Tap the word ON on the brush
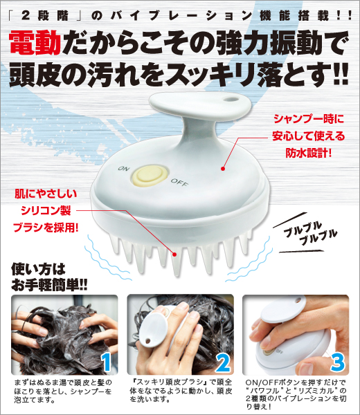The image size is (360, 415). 124,168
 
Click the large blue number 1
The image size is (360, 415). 106,361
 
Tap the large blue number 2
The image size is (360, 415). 223,361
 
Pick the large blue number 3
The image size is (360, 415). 336,361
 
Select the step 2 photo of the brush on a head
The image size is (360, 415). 179,334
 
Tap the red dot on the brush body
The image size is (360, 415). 224,167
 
